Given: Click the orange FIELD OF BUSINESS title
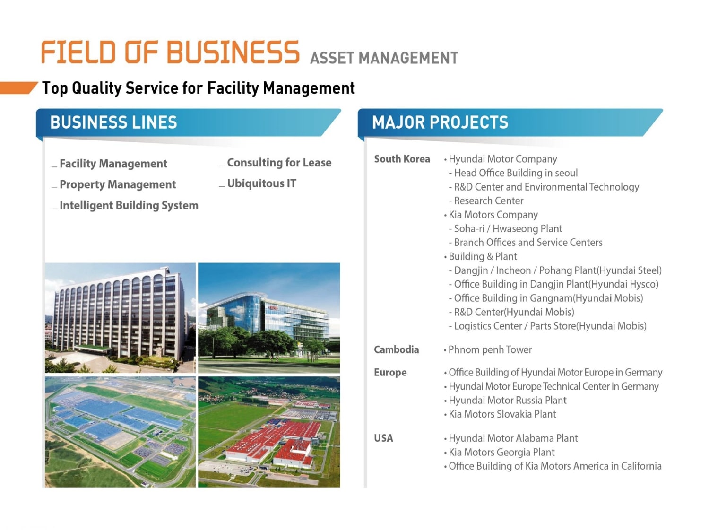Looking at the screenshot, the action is (x=170, y=52).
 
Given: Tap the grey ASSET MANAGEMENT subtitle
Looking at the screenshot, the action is (x=384, y=58).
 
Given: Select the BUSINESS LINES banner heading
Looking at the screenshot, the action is (x=114, y=122).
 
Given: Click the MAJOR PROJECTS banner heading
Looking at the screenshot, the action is (x=440, y=122).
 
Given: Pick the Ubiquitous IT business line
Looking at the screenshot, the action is (x=261, y=183).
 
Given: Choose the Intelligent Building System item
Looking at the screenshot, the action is (x=129, y=205).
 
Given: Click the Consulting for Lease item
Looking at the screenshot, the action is (x=279, y=163).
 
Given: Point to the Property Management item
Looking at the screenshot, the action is (x=118, y=185).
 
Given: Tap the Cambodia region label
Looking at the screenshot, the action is (x=396, y=349).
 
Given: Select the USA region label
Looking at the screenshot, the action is (x=383, y=438).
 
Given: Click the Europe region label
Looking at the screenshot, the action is (x=390, y=373).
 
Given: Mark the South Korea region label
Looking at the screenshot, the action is (x=402, y=159).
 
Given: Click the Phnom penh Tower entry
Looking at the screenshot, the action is (x=490, y=349).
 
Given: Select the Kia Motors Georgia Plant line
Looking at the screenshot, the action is (x=501, y=452).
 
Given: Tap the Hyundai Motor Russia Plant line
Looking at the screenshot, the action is (x=508, y=400).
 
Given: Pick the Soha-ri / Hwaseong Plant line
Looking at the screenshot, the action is (x=508, y=229).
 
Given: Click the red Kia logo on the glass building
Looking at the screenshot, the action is (x=274, y=308).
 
